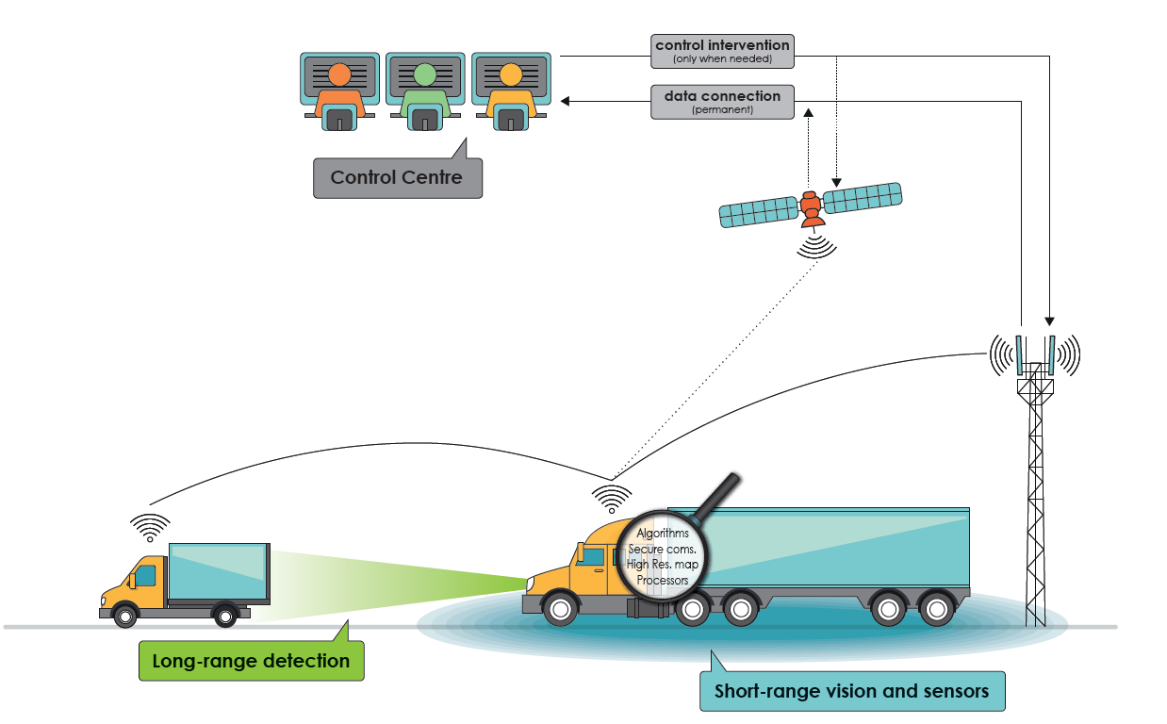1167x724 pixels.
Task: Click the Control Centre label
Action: (397, 177)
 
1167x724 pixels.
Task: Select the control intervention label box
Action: (722, 51)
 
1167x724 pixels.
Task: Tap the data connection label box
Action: (722, 102)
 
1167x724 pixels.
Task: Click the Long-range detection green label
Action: (251, 661)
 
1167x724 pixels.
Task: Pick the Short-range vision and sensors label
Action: (851, 691)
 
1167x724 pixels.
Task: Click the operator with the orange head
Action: (339, 90)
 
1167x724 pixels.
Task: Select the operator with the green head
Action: (425, 90)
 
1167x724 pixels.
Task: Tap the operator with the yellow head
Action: (510, 90)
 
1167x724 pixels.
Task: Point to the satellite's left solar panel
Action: (759, 211)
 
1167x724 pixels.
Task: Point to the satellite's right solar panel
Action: (863, 196)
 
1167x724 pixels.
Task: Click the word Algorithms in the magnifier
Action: (663, 534)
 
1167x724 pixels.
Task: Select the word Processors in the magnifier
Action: (663, 580)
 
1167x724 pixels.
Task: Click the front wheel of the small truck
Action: (124, 617)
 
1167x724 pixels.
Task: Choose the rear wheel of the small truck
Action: (225, 617)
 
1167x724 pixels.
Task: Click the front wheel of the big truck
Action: (560, 609)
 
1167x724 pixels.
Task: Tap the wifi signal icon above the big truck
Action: (612, 497)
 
